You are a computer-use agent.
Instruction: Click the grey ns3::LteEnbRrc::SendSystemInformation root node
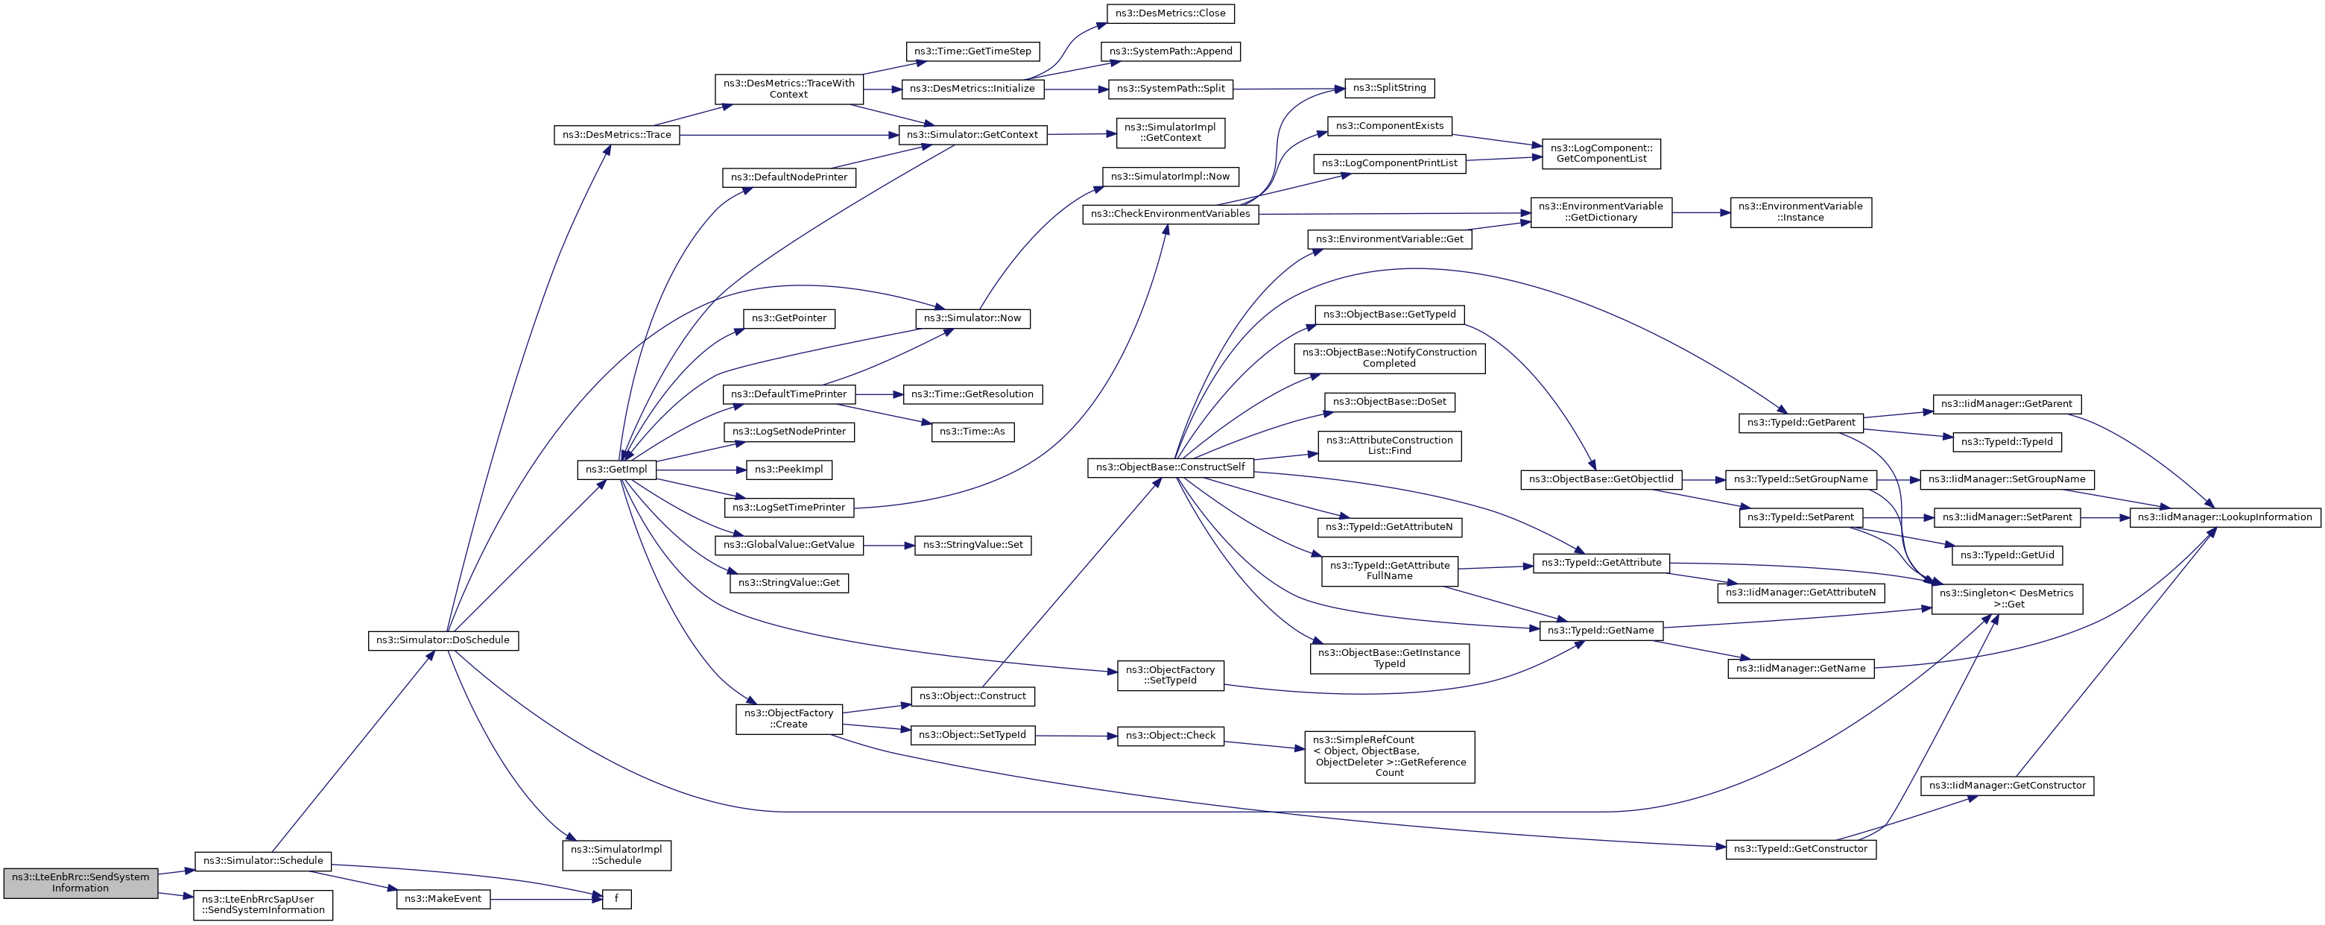point(80,882)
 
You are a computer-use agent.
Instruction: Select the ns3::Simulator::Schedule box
point(262,860)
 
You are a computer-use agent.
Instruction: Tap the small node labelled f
point(616,899)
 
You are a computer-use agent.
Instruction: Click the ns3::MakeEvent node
point(443,899)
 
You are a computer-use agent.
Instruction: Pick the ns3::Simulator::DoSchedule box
point(443,640)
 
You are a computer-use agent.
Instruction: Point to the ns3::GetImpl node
point(616,470)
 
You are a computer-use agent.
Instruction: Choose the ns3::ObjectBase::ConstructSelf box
point(1171,467)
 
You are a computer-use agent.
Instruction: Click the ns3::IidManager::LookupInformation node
point(2225,517)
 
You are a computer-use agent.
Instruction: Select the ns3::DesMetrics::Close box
point(1171,13)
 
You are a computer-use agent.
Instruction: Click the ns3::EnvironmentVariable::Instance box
point(1800,212)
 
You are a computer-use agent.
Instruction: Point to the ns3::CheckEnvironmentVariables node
point(1171,214)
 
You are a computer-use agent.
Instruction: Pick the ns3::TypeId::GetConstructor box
point(1800,848)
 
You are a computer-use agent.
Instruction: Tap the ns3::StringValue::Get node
point(789,583)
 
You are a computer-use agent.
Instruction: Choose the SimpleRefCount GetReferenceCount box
point(1389,757)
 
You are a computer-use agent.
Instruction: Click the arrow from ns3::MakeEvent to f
point(546,899)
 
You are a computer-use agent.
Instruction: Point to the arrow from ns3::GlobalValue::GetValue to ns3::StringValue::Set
point(889,545)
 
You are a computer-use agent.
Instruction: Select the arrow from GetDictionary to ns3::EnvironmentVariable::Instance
point(1701,212)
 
